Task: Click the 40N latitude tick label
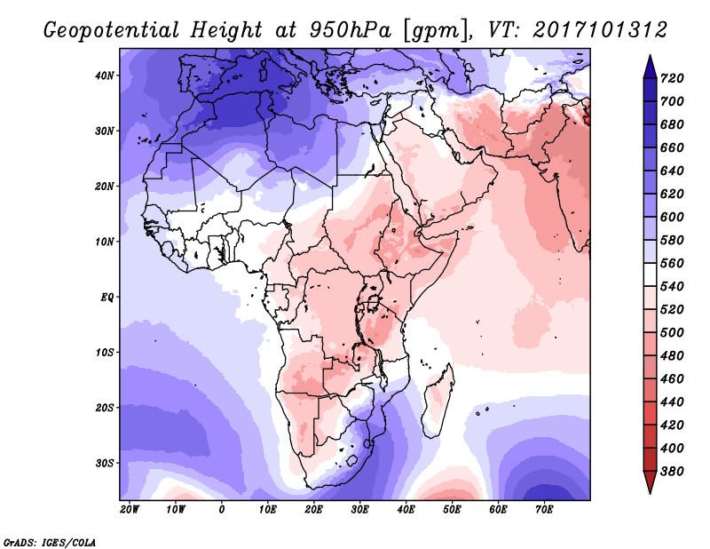click(105, 76)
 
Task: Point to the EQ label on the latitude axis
click(107, 298)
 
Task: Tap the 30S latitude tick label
click(105, 464)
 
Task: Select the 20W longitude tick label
click(129, 510)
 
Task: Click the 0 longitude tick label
click(221, 510)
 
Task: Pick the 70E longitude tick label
click(544, 510)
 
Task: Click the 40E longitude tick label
click(406, 510)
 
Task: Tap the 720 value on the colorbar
click(672, 78)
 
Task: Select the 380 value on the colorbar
click(672, 472)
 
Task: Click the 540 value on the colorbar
click(672, 287)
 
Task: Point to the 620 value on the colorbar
click(672, 194)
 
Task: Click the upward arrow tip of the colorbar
click(650, 55)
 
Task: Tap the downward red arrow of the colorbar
click(650, 482)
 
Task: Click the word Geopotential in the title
click(112, 30)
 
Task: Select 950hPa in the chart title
click(350, 30)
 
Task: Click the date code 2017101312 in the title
click(600, 30)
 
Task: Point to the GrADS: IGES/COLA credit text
click(50, 542)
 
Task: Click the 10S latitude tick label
click(105, 353)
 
